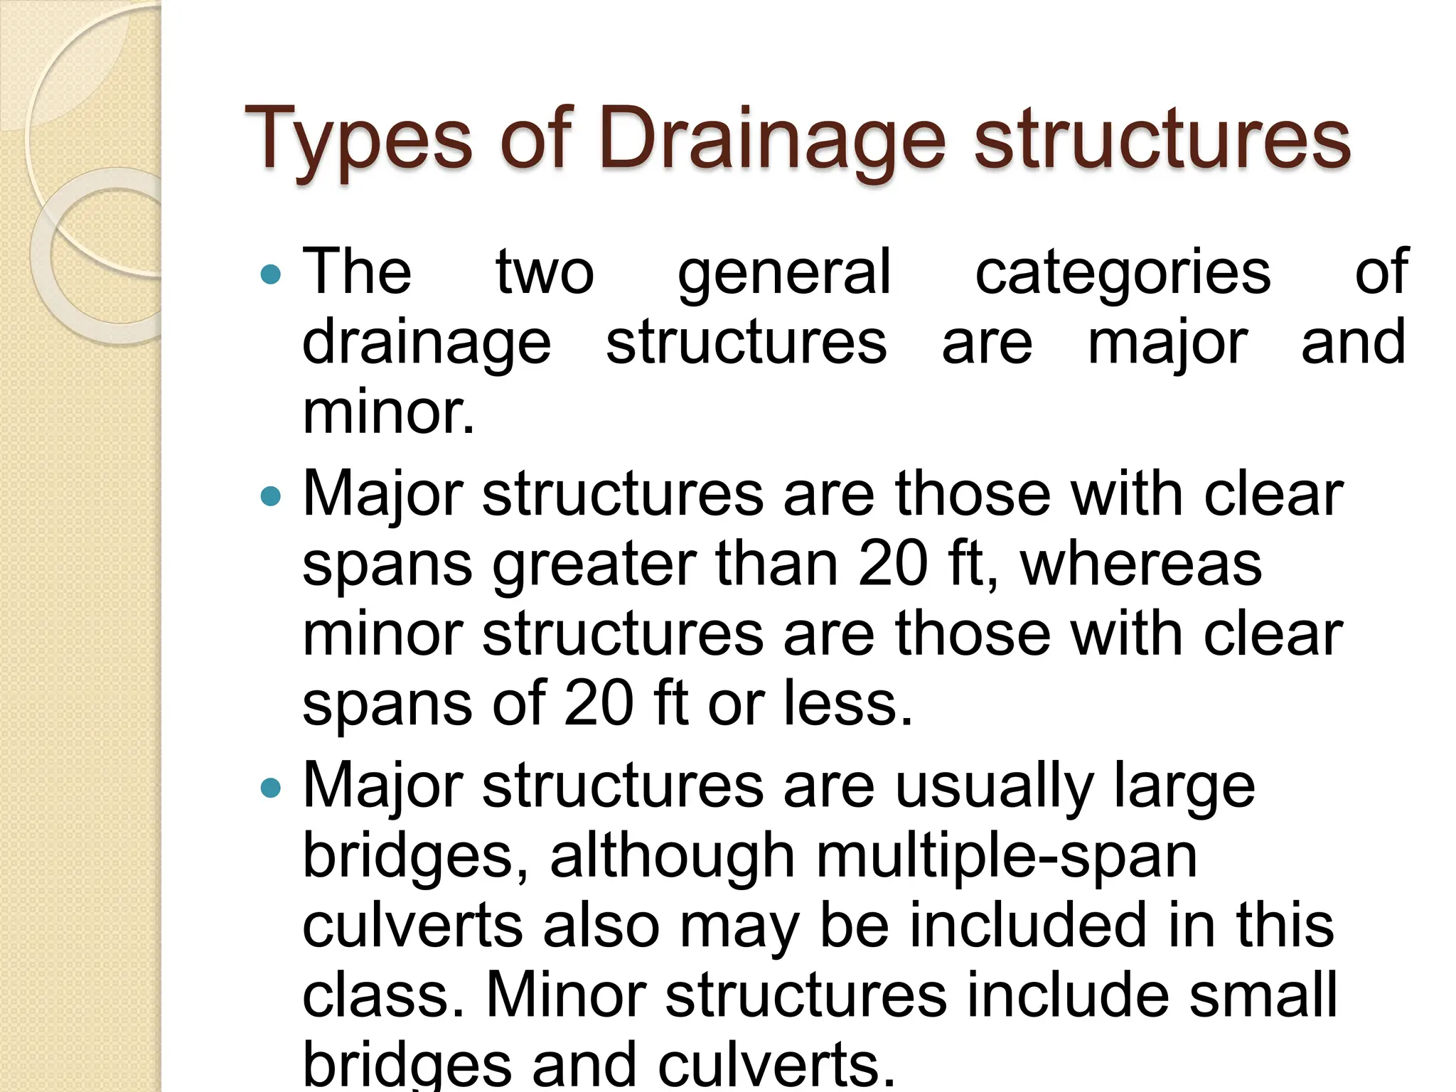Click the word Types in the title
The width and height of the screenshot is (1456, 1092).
pyautogui.click(x=358, y=139)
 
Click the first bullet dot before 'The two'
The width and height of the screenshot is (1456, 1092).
pyautogui.click(x=271, y=274)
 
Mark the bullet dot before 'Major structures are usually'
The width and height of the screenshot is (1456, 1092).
pyautogui.click(x=271, y=787)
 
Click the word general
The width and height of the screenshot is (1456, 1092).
pyautogui.click(x=783, y=274)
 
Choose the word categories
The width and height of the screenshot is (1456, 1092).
pyautogui.click(x=1123, y=274)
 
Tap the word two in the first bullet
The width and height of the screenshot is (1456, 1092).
pyautogui.click(x=545, y=274)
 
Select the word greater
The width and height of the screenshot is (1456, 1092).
pyautogui.click(x=594, y=565)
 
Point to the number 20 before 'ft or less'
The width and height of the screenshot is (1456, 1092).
pyautogui.click(x=599, y=704)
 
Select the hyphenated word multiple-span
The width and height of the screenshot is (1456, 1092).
pyautogui.click(x=1007, y=857)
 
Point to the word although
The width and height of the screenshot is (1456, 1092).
pyautogui.click(x=672, y=857)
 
